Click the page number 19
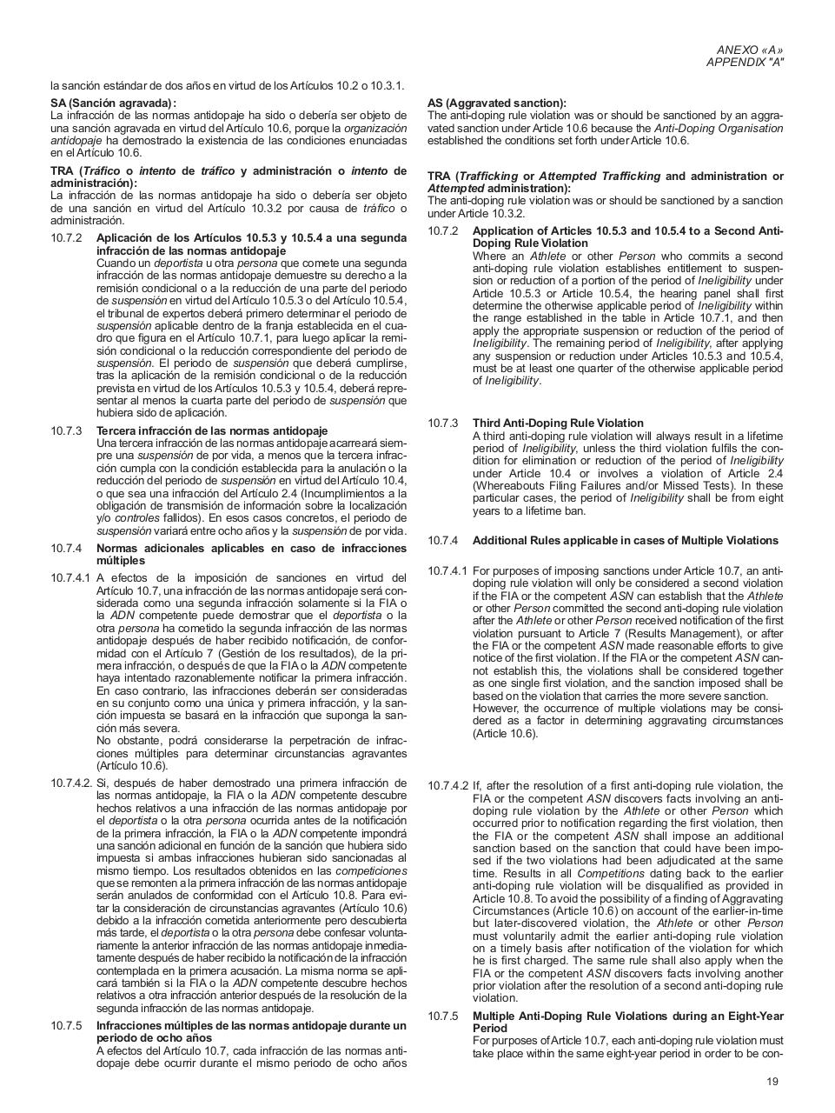772,1082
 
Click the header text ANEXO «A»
750,50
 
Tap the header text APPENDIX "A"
745,63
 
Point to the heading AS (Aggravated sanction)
496,103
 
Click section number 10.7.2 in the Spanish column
66,238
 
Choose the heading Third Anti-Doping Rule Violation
558,423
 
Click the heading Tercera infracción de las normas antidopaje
212,430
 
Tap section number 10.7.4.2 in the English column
447,785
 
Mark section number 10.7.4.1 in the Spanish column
70,578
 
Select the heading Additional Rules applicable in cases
625,540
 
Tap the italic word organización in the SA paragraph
375,128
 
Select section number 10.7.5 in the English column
442,1016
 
